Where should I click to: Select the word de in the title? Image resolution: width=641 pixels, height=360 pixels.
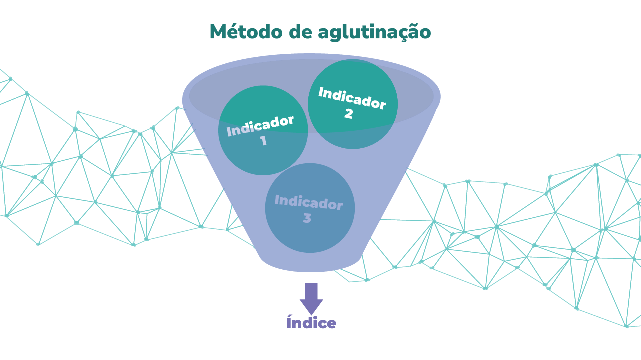point(302,32)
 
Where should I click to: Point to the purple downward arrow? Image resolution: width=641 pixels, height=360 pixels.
point(311,298)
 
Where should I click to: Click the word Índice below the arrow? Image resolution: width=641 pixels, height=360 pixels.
point(311,323)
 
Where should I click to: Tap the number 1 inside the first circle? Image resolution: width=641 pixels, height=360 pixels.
point(263,141)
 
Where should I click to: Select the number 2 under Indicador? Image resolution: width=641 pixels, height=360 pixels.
point(348,114)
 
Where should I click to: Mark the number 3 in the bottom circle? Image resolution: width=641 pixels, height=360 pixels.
point(307,218)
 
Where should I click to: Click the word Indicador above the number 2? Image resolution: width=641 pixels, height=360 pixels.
point(352,98)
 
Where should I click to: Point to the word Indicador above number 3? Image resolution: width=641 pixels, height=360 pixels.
point(309,203)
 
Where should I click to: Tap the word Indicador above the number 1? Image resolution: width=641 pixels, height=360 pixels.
point(260,126)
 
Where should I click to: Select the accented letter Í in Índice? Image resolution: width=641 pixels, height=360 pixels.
point(289,322)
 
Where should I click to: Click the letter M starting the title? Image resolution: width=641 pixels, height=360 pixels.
point(218,32)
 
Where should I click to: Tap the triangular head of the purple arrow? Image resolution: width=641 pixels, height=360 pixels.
point(311,306)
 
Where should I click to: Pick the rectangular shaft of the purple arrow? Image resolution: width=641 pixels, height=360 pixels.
point(311,291)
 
